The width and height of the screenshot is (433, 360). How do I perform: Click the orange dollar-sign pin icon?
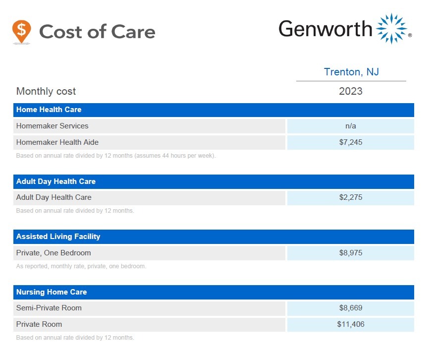[21, 31]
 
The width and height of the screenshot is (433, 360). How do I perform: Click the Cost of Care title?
[97, 32]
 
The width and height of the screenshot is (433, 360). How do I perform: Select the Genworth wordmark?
[325, 29]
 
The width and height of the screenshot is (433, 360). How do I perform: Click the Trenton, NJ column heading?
[351, 72]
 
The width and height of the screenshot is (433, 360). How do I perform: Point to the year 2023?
[351, 91]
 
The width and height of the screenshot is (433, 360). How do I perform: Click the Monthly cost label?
[46, 91]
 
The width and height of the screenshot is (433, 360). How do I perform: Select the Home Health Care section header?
[49, 110]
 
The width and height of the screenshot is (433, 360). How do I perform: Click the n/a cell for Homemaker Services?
[351, 126]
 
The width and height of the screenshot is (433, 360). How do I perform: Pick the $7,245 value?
[351, 142]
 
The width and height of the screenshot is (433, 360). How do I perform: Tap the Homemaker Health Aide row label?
[57, 142]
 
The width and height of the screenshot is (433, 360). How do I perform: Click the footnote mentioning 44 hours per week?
[116, 155]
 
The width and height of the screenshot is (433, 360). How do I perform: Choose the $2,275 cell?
[351, 197]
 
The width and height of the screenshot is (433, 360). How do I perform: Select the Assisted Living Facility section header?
[58, 237]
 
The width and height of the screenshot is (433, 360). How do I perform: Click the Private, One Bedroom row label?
[54, 253]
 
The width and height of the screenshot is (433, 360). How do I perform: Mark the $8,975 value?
[351, 253]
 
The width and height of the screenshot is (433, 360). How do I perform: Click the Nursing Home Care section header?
[52, 292]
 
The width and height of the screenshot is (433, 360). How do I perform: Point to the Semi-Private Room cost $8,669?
[351, 308]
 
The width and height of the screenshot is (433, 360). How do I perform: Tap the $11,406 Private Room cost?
[351, 324]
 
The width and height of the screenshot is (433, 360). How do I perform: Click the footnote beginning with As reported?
[81, 266]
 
